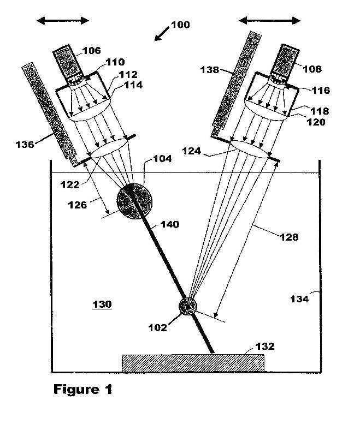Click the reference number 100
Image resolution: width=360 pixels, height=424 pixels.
click(x=180, y=25)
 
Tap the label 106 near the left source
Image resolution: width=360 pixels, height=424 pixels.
click(x=91, y=50)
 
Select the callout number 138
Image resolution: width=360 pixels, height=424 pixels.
click(x=210, y=70)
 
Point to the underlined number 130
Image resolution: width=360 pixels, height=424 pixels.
click(x=102, y=304)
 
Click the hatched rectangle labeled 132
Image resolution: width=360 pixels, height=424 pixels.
click(x=193, y=363)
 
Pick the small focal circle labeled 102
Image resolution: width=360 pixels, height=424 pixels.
click(x=188, y=306)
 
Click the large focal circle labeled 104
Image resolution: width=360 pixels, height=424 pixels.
click(x=134, y=201)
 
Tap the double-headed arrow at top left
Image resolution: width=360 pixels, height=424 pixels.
click(x=63, y=21)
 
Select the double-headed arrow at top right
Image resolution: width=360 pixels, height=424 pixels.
click(x=270, y=20)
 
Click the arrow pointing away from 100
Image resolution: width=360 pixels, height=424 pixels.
click(x=162, y=34)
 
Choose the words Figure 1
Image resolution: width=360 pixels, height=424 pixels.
click(x=83, y=390)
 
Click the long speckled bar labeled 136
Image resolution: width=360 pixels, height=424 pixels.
click(x=50, y=115)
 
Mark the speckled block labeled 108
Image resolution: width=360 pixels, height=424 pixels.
click(x=286, y=61)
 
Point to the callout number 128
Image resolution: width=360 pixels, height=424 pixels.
click(x=289, y=237)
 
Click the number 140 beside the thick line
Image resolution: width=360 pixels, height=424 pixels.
click(x=170, y=224)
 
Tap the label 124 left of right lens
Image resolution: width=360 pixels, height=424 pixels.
click(x=192, y=151)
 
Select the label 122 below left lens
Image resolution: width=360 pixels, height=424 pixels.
click(x=70, y=184)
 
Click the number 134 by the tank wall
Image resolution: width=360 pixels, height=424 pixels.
click(x=299, y=299)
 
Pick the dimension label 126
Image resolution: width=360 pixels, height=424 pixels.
click(x=78, y=205)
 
